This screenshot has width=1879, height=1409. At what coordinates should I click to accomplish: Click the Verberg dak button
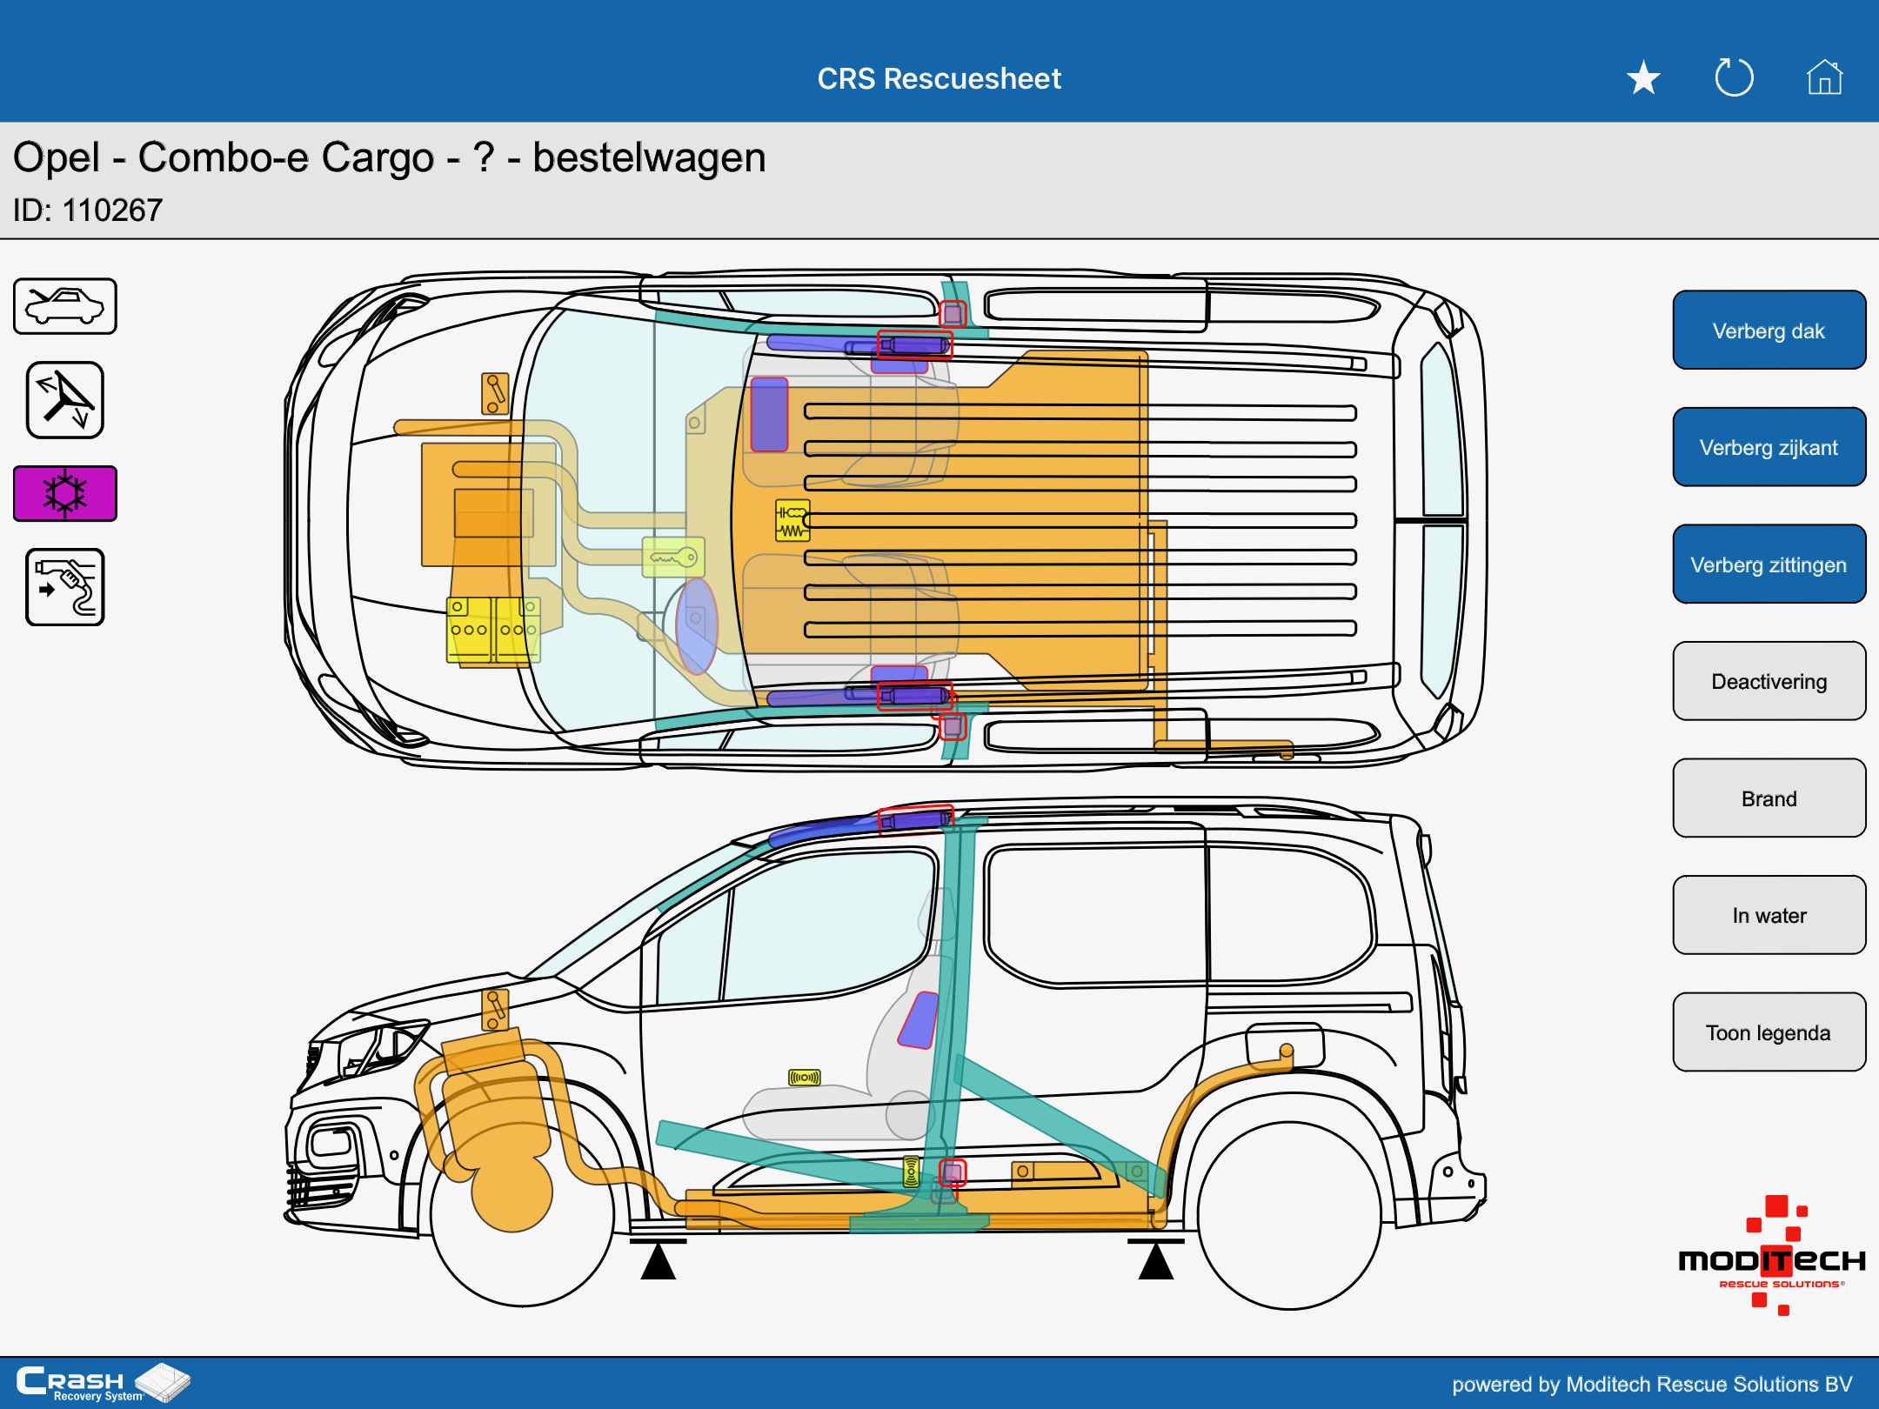click(x=1769, y=331)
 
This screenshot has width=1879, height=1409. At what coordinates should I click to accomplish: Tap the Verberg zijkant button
click(x=1769, y=447)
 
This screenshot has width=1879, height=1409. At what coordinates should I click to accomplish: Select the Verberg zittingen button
click(x=1769, y=564)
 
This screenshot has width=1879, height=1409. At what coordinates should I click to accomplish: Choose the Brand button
click(x=1769, y=798)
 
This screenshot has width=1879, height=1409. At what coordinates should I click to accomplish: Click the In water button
click(x=1769, y=915)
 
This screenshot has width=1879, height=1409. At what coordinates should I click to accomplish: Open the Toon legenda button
click(x=1769, y=1032)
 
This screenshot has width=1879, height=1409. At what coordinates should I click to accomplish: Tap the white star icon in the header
click(x=1643, y=78)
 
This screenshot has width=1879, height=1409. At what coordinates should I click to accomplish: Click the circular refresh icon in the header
click(x=1734, y=77)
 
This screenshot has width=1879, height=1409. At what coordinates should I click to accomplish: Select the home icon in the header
click(x=1824, y=77)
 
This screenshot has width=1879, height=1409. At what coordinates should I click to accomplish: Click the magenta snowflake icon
click(x=65, y=493)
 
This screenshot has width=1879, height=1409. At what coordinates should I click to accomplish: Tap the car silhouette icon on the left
click(x=65, y=306)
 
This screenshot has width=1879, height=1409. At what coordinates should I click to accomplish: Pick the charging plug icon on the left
click(x=65, y=587)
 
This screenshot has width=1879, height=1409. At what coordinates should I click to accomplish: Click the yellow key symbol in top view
click(x=673, y=558)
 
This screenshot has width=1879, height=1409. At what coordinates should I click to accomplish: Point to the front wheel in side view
click(x=522, y=1213)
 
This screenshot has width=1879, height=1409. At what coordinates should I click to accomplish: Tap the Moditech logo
click(x=1771, y=1256)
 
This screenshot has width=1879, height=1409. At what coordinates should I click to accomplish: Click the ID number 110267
click(x=112, y=210)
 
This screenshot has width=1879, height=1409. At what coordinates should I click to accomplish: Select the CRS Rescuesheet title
click(x=940, y=78)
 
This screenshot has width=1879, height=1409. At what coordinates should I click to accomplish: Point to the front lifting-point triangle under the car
click(x=659, y=1259)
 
